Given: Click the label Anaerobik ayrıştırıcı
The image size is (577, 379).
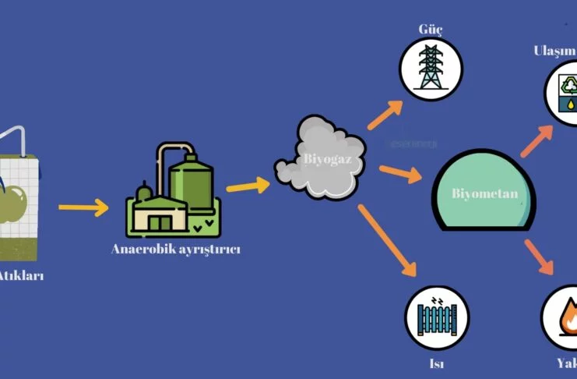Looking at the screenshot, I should [175, 250].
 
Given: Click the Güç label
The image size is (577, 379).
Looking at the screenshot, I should [431, 30].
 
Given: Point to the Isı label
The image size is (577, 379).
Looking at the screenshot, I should [435, 363].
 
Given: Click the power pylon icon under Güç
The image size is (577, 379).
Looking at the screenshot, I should [430, 68].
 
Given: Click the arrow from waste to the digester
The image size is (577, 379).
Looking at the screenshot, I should [83, 208].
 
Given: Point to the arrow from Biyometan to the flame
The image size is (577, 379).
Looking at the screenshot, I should [540, 257].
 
